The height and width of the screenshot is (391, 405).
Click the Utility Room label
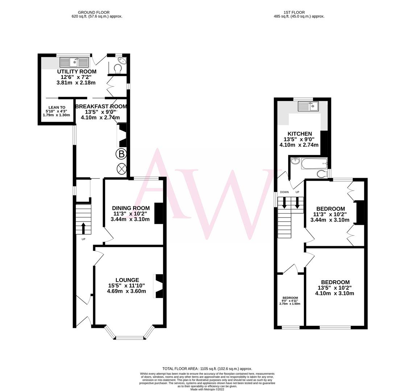(77, 72)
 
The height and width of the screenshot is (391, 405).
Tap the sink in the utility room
(74, 62)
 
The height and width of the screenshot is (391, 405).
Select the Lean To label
(57, 108)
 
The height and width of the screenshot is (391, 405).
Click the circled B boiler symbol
(121, 154)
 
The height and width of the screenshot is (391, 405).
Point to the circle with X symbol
(121, 168)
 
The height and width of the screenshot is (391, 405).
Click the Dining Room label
(131, 208)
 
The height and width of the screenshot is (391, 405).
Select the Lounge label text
(127, 280)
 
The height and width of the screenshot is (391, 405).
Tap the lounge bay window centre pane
(129, 338)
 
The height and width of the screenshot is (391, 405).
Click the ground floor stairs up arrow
(83, 228)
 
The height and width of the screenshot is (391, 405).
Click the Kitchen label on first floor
(299, 134)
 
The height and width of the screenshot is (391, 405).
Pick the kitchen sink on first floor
(308, 106)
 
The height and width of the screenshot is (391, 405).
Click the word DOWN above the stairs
(284, 192)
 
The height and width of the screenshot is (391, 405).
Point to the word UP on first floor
(297, 192)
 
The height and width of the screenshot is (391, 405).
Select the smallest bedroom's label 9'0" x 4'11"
(290, 300)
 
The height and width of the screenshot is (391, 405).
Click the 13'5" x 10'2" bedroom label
(335, 282)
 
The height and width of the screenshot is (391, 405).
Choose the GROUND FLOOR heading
(94, 12)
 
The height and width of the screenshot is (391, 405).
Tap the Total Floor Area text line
(207, 369)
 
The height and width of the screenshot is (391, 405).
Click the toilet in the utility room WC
(117, 68)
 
